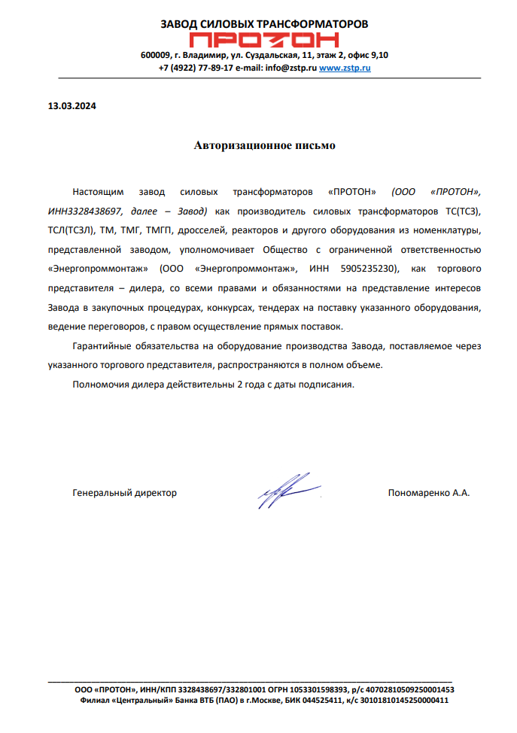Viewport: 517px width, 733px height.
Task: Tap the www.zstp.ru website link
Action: click(x=345, y=68)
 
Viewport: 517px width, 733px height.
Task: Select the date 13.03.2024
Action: click(x=67, y=106)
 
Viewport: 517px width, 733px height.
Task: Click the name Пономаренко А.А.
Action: click(x=428, y=494)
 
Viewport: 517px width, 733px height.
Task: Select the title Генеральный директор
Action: click(x=125, y=494)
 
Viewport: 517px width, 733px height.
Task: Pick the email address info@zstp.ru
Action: click(x=290, y=68)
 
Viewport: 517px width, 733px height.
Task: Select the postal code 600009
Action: click(x=155, y=55)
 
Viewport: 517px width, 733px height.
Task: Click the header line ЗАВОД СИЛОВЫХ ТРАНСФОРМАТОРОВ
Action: click(x=264, y=24)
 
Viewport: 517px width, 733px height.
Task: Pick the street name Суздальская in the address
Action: click(x=273, y=55)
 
